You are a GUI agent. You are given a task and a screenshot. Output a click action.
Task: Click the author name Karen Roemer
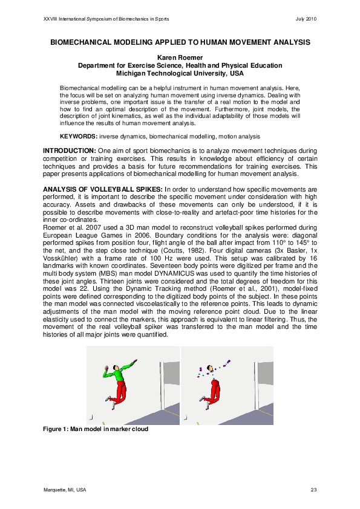180,58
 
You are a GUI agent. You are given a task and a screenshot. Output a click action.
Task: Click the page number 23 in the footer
313,489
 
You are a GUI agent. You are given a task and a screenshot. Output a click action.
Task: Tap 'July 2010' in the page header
306,19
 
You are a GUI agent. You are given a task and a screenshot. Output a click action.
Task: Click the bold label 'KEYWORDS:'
78,137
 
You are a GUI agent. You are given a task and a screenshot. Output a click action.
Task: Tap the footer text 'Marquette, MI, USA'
65,489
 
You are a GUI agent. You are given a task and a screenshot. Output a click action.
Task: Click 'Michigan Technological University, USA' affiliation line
180,73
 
